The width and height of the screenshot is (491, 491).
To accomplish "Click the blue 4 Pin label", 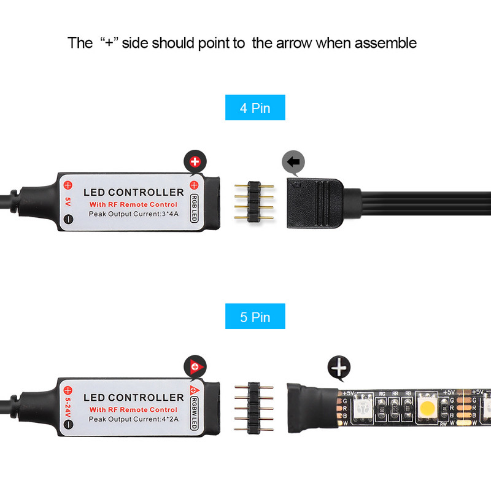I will click(x=255, y=108).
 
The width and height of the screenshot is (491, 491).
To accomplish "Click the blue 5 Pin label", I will click(x=255, y=317).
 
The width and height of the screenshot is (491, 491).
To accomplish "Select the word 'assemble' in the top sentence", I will click(x=384, y=43).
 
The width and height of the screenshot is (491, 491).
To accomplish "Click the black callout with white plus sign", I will click(x=338, y=368).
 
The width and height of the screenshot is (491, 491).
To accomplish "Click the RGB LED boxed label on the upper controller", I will click(x=194, y=207).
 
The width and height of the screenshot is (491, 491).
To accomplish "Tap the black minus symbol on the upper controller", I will click(x=68, y=218).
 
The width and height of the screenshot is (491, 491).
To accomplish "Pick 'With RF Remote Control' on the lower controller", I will click(x=133, y=409).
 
